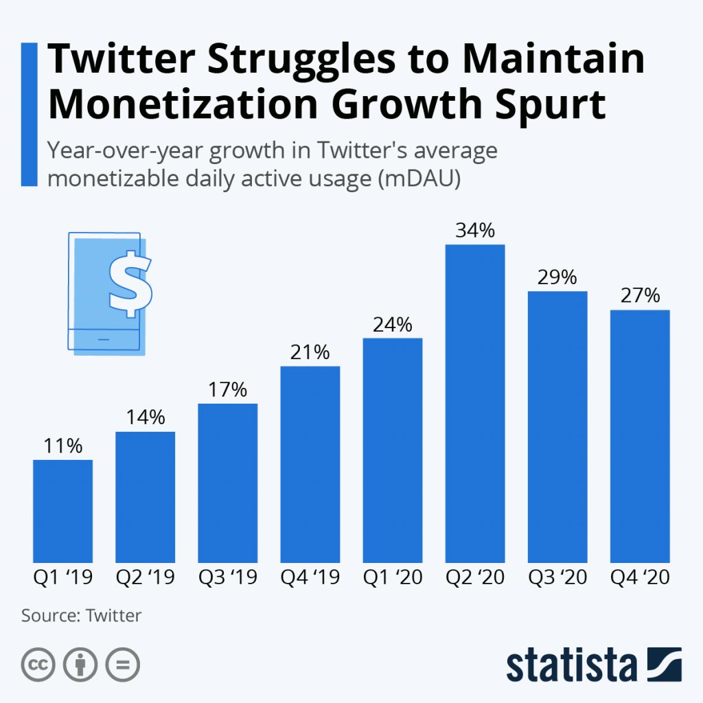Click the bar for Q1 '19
[x=62, y=511]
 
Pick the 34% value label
[x=475, y=231]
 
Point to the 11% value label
[x=62, y=446]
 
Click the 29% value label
[x=557, y=277]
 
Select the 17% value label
[x=228, y=390]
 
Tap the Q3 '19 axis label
[x=228, y=577]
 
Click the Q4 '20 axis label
[x=640, y=577]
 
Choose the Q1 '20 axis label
[x=393, y=577]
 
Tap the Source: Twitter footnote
[x=81, y=615]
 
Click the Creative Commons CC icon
[x=38, y=664]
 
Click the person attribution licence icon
[x=80, y=664]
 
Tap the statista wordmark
[x=572, y=665]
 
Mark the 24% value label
[x=393, y=324]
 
